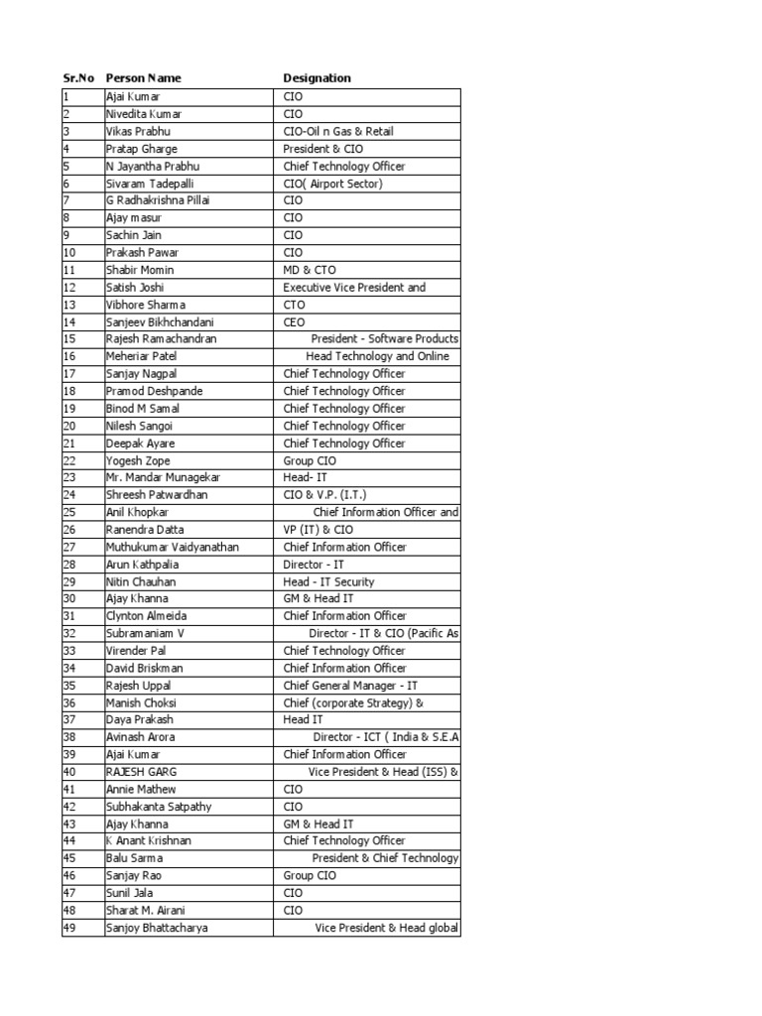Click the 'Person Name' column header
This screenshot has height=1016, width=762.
pyautogui.click(x=143, y=78)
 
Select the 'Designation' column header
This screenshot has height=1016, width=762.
pyautogui.click(x=317, y=78)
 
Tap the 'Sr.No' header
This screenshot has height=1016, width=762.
pyautogui.click(x=77, y=78)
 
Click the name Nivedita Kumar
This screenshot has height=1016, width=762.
pyautogui.click(x=144, y=114)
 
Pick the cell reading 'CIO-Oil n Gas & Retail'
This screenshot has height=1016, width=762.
pyautogui.click(x=344, y=131)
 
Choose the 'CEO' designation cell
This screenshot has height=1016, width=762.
pyautogui.click(x=295, y=321)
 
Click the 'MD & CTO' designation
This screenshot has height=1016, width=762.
pyautogui.click(x=312, y=270)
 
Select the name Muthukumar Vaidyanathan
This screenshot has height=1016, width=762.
pyautogui.click(x=173, y=547)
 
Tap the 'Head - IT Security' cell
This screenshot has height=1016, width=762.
pyautogui.click(x=328, y=581)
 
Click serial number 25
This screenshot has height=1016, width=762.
pyautogui.click(x=69, y=512)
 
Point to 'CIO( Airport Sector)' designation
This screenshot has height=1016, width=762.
pyautogui.click(x=332, y=184)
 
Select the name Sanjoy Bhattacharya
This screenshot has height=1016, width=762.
pyautogui.click(x=158, y=928)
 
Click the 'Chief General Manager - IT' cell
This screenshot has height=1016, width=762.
pyautogui.click(x=350, y=686)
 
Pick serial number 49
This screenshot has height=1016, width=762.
pyautogui.click(x=69, y=928)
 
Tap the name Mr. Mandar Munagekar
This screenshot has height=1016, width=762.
pyautogui.click(x=163, y=477)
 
